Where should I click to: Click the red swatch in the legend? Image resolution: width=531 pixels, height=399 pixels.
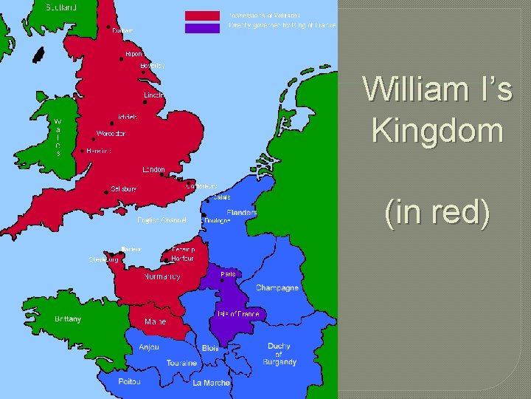(x=202, y=16)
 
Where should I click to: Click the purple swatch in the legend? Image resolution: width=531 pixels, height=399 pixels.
(x=202, y=28)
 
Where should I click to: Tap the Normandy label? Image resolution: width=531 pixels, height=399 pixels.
(x=162, y=276)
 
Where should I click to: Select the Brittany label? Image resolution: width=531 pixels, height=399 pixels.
(x=68, y=319)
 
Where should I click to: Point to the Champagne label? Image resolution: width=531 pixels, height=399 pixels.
(x=277, y=287)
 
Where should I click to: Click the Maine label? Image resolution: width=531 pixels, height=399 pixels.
(x=155, y=321)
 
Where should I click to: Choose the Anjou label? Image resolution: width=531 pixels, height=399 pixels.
(x=148, y=347)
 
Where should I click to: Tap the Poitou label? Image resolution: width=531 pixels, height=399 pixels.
(x=129, y=381)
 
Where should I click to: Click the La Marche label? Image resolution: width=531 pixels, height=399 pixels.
(x=212, y=383)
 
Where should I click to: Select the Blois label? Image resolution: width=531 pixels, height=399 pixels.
(x=210, y=348)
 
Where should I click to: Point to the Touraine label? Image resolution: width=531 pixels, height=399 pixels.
(x=181, y=363)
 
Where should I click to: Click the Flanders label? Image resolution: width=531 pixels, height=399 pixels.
(x=242, y=213)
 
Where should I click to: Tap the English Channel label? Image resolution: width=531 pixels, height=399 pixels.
(x=162, y=220)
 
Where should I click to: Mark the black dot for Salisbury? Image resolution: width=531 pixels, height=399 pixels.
(x=107, y=191)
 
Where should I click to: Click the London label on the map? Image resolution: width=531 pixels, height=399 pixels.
(x=154, y=170)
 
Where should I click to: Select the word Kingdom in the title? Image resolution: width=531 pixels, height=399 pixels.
(x=438, y=132)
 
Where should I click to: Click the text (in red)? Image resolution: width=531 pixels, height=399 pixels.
(x=437, y=214)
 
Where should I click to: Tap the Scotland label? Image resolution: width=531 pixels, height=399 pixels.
(x=62, y=7)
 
